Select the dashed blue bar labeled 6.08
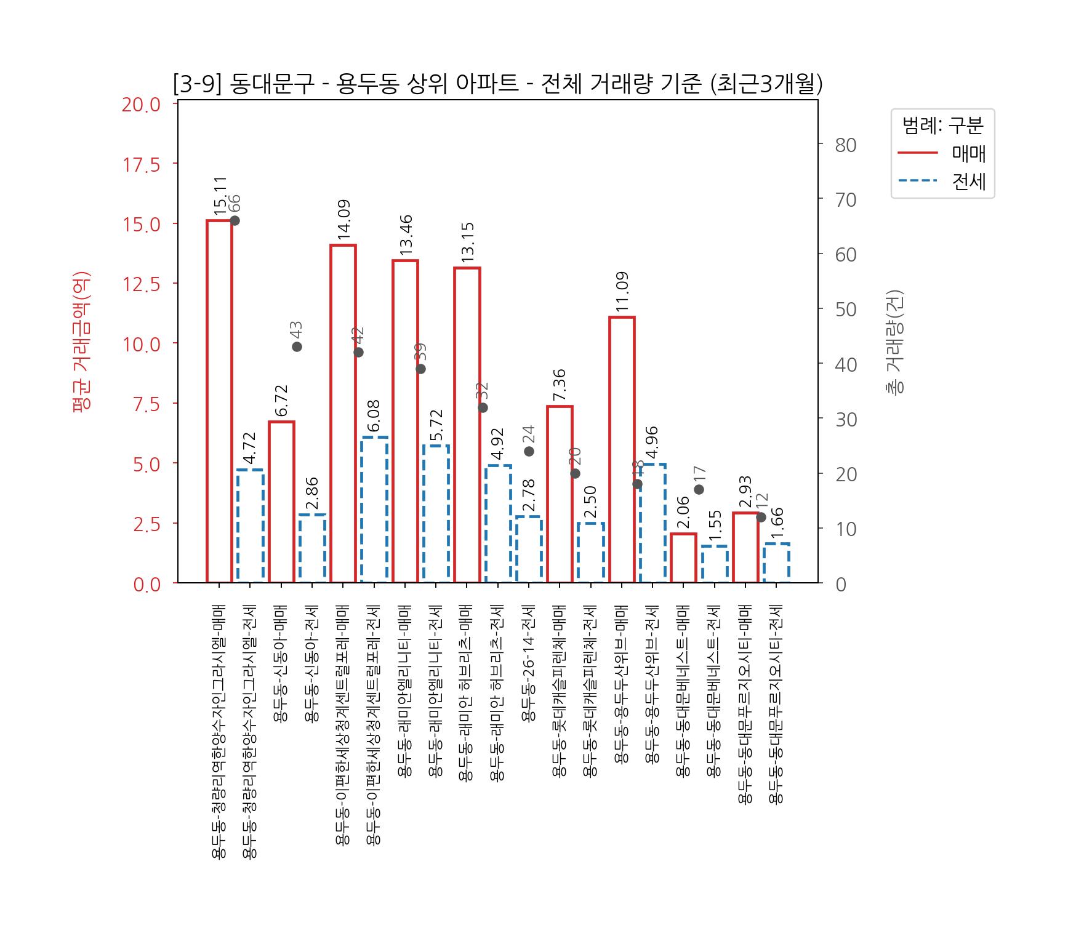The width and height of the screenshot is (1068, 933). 374,509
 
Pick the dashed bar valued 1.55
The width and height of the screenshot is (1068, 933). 715,564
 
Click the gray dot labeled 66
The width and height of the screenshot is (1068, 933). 235,221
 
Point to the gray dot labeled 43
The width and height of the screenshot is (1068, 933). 297,346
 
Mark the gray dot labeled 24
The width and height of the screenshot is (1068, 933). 529,451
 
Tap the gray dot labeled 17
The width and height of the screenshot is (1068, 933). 699,489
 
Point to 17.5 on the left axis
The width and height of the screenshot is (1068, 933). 141,164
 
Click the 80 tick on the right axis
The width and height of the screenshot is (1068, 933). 846,145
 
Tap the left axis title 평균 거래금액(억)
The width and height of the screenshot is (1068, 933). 82,342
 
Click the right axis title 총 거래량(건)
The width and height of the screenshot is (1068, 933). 895,342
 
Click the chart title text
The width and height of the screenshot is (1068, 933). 497,84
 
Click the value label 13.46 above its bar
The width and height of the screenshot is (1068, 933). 405,235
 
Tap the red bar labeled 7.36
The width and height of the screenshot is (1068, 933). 560,494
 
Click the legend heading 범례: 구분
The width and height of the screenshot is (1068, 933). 942,126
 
